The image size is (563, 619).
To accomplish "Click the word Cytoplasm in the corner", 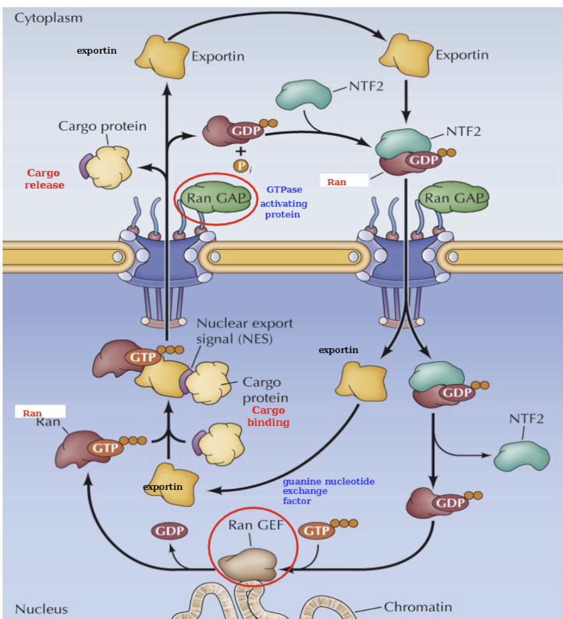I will click(x=48, y=18).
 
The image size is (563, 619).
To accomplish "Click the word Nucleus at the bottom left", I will click(x=41, y=609).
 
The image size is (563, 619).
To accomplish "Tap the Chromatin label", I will click(x=418, y=607).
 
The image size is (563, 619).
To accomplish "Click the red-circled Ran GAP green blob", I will click(x=215, y=198).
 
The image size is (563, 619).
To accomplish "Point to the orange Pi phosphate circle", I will click(x=241, y=166).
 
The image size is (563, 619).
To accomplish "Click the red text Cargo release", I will click(x=44, y=179).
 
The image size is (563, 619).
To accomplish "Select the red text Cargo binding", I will click(x=268, y=416).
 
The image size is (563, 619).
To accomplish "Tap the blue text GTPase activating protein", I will click(x=284, y=202).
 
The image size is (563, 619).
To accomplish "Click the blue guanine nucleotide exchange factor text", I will click(x=328, y=491).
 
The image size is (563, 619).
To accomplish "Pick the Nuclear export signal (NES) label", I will click(x=244, y=331).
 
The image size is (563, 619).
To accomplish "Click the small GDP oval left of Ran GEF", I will click(x=170, y=531).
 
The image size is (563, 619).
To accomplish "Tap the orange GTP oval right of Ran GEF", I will click(x=316, y=531).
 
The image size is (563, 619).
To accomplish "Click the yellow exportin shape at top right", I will click(x=406, y=55).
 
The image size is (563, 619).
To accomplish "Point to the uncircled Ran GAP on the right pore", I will click(x=454, y=198).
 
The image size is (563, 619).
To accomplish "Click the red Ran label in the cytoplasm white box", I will click(x=336, y=182).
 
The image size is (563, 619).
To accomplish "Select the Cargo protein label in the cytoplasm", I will click(x=102, y=126).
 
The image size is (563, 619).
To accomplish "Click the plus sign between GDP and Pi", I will click(x=241, y=151).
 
